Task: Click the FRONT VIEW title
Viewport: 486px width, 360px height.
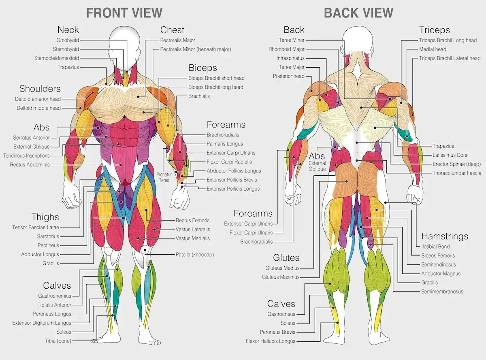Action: pyautogui.click(x=124, y=13)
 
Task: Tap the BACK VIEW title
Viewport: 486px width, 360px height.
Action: pyautogui.click(x=358, y=13)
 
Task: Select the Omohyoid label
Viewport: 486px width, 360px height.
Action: pyautogui.click(x=68, y=40)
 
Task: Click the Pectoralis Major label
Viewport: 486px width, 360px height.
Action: pyautogui.click(x=177, y=40)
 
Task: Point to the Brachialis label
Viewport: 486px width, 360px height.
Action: pyautogui.click(x=199, y=96)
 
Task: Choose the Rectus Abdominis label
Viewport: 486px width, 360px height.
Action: pyautogui.click(x=30, y=165)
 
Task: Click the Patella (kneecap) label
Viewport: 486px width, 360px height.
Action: pyautogui.click(x=194, y=255)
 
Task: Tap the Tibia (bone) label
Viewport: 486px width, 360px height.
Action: pyautogui.click(x=58, y=341)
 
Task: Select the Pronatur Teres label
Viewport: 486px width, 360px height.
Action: pyautogui.click(x=164, y=177)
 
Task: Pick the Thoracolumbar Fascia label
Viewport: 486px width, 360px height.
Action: pyautogui.click(x=457, y=173)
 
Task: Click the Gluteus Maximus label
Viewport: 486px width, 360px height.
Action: pyautogui.click(x=281, y=277)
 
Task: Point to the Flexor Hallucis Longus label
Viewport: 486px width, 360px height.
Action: pyautogui.click(x=271, y=341)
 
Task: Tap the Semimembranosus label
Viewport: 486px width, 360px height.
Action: pyautogui.click(x=442, y=292)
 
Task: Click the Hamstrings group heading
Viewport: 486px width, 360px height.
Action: pyautogui.click(x=445, y=236)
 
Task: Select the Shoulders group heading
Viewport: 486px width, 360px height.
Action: pyautogui.click(x=40, y=89)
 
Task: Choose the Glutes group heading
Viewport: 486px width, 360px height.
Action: pyautogui.click(x=286, y=258)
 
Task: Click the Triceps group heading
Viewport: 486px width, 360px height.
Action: pyautogui.click(x=434, y=30)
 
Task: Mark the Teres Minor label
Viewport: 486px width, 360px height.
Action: pyautogui.click(x=292, y=40)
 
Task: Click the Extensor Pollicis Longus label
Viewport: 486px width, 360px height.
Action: pyautogui.click(x=233, y=189)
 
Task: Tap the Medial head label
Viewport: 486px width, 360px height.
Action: pyautogui.click(x=433, y=49)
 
